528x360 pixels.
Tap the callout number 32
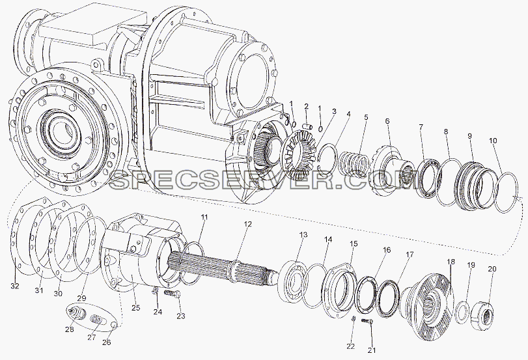[15, 286]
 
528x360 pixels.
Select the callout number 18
[451, 262]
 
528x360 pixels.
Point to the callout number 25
[136, 308]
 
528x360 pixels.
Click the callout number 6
[387, 121]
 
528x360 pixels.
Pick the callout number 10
[493, 141]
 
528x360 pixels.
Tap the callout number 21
[371, 350]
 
